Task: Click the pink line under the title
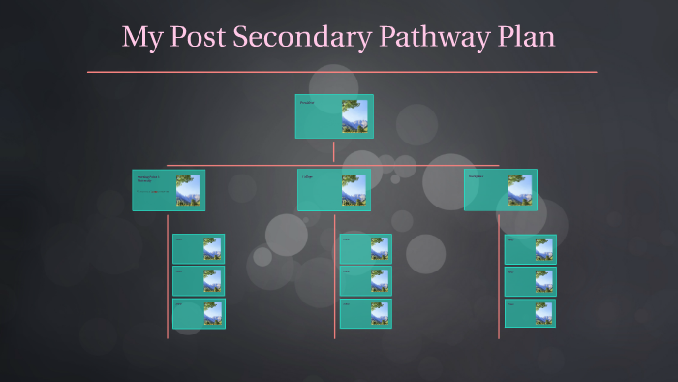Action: pos(341,72)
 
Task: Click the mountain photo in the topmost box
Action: pos(354,116)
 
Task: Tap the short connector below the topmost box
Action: pos(334,150)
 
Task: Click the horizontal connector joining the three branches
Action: pos(252,166)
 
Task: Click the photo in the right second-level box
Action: pos(519,190)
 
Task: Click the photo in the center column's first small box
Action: pos(380,249)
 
